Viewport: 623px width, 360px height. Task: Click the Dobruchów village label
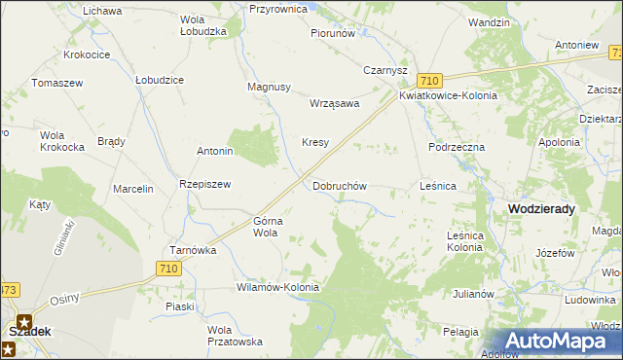pos(339,185)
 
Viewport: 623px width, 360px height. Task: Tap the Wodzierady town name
pos(541,209)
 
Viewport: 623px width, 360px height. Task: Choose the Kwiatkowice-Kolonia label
pos(448,96)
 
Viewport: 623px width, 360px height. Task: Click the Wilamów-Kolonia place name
pos(277,288)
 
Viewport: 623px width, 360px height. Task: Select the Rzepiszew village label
pos(203,185)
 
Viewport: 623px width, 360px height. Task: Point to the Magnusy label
pos(270,87)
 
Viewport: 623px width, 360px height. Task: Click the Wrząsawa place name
pos(334,102)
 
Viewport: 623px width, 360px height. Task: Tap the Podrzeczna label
pos(457,146)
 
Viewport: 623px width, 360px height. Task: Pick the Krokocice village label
pos(86,55)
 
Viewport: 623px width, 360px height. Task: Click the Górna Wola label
pos(268,227)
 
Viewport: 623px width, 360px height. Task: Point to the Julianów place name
pos(474,293)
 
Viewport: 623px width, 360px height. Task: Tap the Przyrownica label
pos(278,8)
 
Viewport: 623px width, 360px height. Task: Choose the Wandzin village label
pos(489,21)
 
